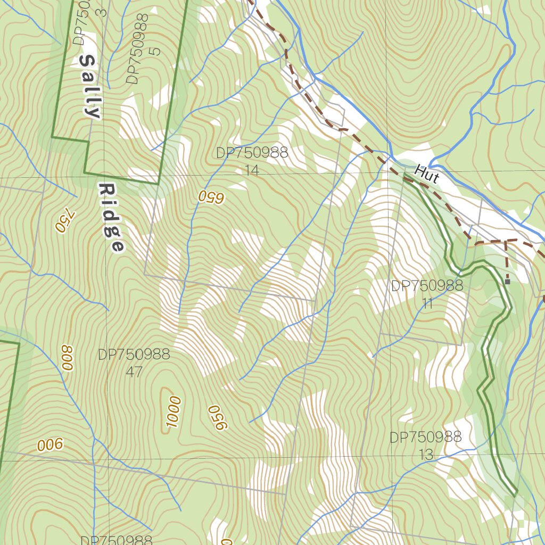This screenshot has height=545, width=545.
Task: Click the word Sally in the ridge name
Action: (x=90, y=86)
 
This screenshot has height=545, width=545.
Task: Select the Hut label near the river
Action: (x=426, y=174)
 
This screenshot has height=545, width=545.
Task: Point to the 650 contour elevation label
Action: (x=211, y=196)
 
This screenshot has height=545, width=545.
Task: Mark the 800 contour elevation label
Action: (x=67, y=357)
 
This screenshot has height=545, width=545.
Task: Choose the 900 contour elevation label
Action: (x=50, y=445)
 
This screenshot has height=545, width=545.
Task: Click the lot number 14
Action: (x=252, y=170)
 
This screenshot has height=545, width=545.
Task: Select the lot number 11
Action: (x=427, y=303)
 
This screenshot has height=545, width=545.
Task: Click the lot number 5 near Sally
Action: (x=155, y=51)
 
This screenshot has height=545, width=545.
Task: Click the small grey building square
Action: (x=507, y=281)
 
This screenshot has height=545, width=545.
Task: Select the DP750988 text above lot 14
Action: (x=252, y=153)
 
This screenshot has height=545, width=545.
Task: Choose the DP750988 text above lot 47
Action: (x=134, y=354)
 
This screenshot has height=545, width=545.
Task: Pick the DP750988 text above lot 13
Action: (x=426, y=437)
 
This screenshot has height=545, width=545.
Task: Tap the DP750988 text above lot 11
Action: (x=427, y=286)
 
